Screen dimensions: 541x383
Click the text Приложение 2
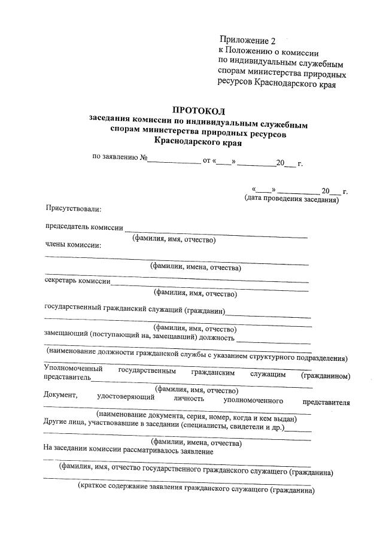pos(247,41)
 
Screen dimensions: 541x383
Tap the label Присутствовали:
pos(74,209)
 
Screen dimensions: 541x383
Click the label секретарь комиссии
pos(78,281)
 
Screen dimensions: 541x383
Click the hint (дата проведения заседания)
pos(291,199)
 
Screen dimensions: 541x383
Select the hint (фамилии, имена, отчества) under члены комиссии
pos(196,268)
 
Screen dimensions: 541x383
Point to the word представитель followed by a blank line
pos(67,378)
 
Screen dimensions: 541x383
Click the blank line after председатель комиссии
pos(215,229)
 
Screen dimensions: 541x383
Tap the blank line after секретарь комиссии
pos(209,282)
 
